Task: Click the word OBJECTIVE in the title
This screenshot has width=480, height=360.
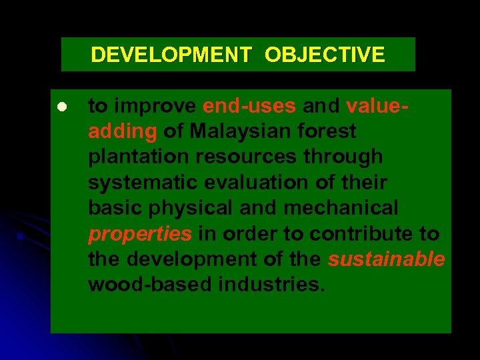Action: tap(325, 55)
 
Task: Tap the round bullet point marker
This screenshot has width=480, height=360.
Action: tap(60, 107)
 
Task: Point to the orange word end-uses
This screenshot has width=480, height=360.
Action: tap(250, 107)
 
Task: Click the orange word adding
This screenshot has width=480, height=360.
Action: tap(122, 132)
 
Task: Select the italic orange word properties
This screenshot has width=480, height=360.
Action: tap(140, 234)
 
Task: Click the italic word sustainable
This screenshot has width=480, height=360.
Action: tap(386, 259)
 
